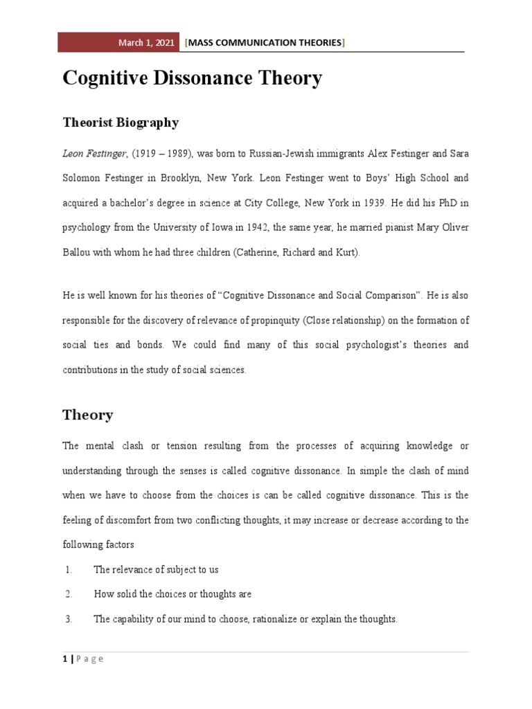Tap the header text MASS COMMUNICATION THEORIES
(x=265, y=42)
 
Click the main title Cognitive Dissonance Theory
(x=192, y=79)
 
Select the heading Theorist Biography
(x=120, y=123)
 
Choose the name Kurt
(x=345, y=253)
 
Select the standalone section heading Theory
(x=87, y=415)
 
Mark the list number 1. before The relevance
(x=69, y=569)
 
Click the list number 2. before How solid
(x=69, y=594)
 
